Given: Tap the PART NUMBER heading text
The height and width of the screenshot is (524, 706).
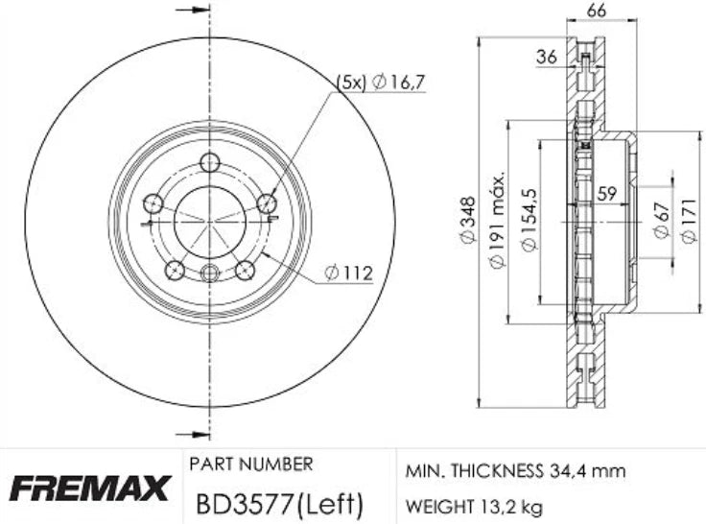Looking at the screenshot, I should tap(251, 464).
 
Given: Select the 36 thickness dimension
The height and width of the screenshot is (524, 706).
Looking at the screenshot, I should tap(546, 57).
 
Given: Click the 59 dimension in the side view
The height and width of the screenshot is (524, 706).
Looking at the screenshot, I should tap(605, 194).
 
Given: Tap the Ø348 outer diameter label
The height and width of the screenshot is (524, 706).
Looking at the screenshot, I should tap(468, 229).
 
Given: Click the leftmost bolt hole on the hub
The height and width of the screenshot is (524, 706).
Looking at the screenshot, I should tap(152, 203).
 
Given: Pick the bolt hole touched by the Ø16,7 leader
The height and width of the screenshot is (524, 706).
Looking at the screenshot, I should tap(268, 203).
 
